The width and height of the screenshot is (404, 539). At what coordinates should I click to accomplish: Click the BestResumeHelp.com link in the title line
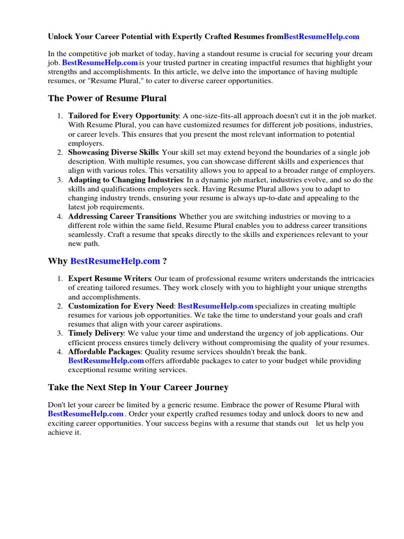point(321,37)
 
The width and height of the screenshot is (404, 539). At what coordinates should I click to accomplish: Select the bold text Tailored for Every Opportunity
point(124,116)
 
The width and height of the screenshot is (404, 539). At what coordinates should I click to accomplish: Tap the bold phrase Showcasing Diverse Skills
point(113,152)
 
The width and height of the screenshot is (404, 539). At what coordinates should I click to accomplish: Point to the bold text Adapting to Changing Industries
point(124,180)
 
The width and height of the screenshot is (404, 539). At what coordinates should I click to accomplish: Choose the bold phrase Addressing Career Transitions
point(122,216)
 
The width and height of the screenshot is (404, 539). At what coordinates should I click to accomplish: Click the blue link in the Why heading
point(115,261)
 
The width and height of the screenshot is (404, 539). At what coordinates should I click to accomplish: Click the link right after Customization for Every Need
point(216,306)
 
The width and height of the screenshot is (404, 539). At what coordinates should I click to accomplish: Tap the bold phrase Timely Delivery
point(96,334)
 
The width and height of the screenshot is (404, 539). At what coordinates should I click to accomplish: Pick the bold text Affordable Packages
point(104,352)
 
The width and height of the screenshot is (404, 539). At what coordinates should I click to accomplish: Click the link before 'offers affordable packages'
point(106,361)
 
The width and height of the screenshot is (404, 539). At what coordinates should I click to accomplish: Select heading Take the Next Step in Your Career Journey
point(138,387)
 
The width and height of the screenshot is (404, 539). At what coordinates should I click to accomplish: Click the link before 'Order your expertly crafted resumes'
point(86,414)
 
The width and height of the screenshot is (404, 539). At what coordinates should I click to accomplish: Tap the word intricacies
point(353,278)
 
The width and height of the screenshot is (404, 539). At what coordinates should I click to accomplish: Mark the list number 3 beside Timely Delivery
point(60,334)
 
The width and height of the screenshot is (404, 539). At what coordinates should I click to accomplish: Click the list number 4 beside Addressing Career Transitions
point(60,216)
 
